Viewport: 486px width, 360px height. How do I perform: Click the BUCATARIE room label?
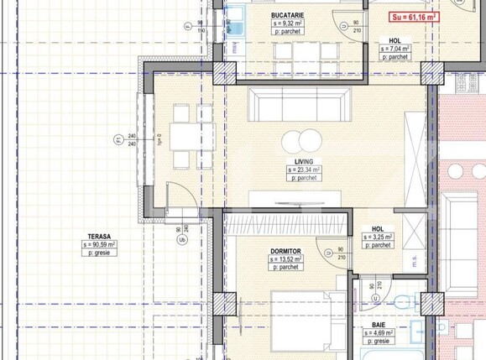pyautogui.click(x=288, y=16)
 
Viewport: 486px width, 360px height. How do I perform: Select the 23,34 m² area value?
pyautogui.click(x=304, y=170)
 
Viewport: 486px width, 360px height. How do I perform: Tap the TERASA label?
pyautogui.click(x=99, y=237)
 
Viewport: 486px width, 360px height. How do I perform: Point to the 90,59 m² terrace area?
pyautogui.click(x=100, y=245)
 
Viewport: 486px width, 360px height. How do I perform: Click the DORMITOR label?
pyautogui.click(x=287, y=251)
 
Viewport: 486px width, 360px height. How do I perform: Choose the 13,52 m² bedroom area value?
pyautogui.click(x=287, y=260)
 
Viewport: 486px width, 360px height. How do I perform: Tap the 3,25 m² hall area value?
pyautogui.click(x=378, y=237)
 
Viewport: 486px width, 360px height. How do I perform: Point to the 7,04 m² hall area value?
pyautogui.click(x=395, y=49)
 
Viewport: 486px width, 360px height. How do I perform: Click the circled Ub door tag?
pyautogui.click(x=184, y=237)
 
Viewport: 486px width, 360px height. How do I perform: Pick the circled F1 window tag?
pyautogui.click(x=118, y=140)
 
